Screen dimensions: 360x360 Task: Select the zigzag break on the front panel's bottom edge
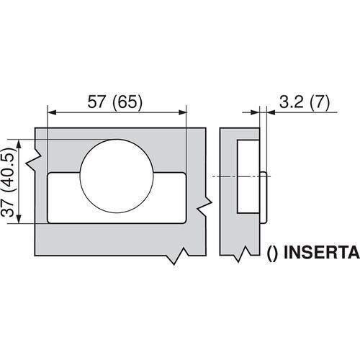177,256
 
